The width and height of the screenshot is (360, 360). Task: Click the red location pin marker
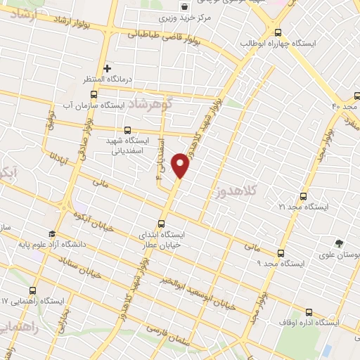[x=181, y=165]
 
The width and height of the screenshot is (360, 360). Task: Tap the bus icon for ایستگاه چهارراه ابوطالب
[x=278, y=32]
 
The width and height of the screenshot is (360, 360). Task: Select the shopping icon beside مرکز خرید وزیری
[x=184, y=6]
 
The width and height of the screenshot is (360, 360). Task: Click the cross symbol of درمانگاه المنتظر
[x=107, y=68]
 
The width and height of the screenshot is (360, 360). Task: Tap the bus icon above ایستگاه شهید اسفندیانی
[x=127, y=130]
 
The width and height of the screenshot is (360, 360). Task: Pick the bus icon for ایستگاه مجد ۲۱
[x=304, y=196]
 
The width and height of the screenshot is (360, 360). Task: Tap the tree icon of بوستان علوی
[x=340, y=244]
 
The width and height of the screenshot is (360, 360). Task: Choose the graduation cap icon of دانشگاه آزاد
[x=52, y=234]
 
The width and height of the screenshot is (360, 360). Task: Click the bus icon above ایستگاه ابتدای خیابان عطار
[x=161, y=224]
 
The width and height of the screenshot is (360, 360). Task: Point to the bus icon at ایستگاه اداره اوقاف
[x=309, y=311]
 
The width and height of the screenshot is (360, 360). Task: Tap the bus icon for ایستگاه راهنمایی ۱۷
[x=33, y=290]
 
